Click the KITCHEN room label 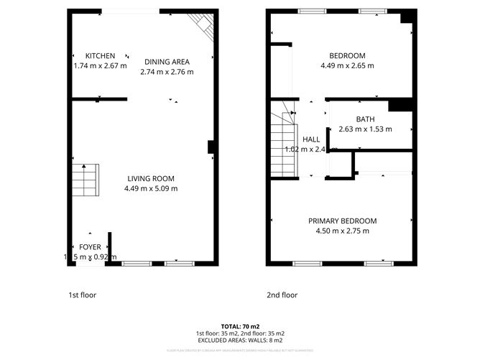tap(100, 56)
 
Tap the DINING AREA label tap(167, 62)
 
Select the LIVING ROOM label tap(151, 179)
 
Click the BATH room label tap(365, 120)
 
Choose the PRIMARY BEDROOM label tap(342, 221)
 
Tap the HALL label tap(311, 139)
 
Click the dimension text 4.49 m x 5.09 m tap(151, 189)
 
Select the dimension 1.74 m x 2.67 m tap(100, 65)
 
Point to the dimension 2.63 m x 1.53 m tap(365, 129)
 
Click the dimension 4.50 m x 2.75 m tap(342, 231)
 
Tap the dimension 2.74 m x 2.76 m tap(167, 72)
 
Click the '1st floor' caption tap(82, 295)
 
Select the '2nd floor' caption tap(282, 295)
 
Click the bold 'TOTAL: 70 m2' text tap(240, 326)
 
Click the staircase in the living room tap(83, 180)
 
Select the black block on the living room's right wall tap(211, 147)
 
